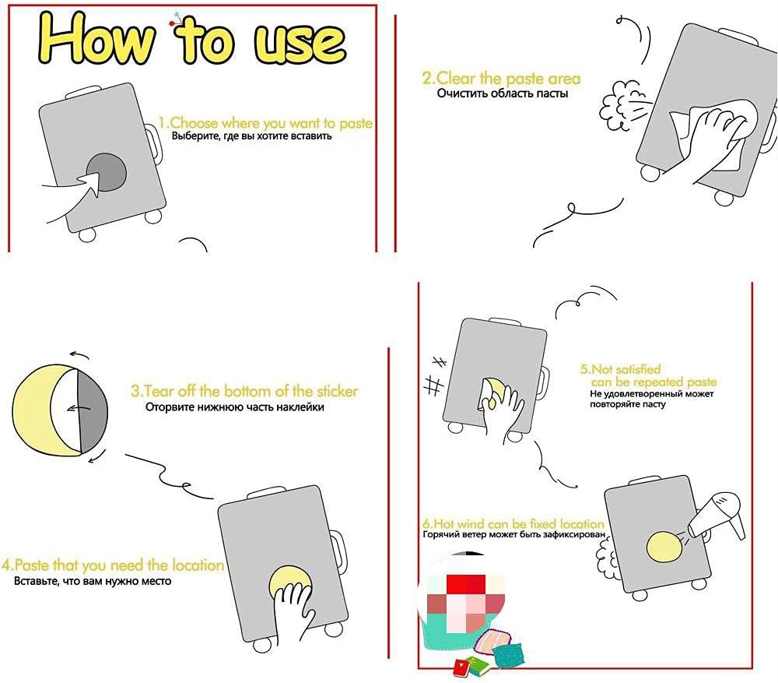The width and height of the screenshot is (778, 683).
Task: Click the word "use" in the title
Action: (x=300, y=42)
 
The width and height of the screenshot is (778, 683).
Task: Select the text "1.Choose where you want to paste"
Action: (x=265, y=123)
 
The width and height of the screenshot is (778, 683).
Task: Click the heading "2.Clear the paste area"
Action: (x=501, y=79)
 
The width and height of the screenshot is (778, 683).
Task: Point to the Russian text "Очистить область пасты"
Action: (x=502, y=93)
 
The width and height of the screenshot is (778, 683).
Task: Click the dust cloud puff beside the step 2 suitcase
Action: (x=620, y=106)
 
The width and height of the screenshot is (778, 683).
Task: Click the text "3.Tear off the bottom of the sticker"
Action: (x=244, y=391)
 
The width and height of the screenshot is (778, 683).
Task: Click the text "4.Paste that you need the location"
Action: (x=113, y=565)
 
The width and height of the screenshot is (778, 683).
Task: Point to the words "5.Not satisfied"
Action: (x=620, y=369)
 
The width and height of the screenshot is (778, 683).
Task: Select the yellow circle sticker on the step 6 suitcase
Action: (x=665, y=547)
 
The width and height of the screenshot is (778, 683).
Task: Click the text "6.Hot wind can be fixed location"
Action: (x=513, y=524)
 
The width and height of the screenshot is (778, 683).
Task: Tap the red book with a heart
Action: (x=463, y=667)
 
